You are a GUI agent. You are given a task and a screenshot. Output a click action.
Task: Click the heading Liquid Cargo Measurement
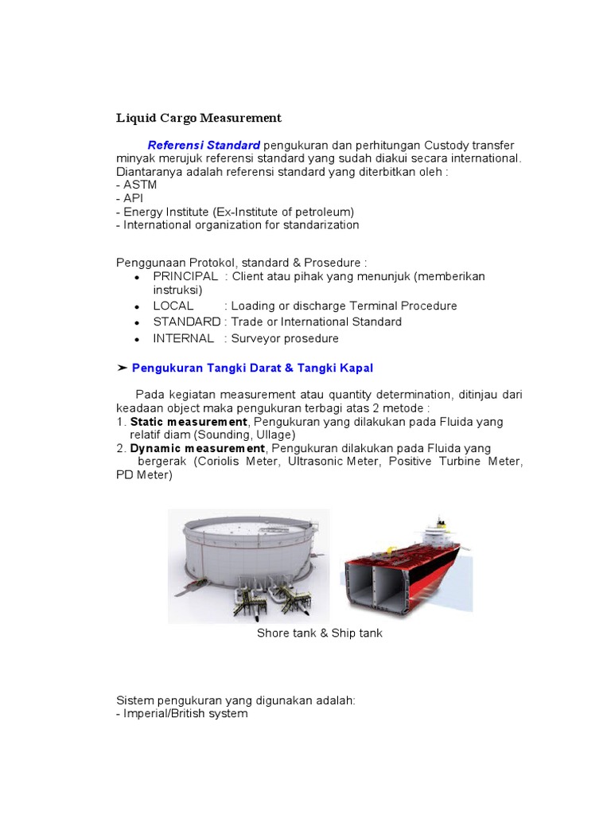coord(199,118)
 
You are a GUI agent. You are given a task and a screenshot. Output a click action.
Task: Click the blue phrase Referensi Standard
coord(204,145)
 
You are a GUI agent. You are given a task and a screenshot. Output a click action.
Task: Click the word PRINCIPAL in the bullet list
coord(185,276)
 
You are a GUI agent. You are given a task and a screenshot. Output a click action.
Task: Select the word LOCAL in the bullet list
coord(173,306)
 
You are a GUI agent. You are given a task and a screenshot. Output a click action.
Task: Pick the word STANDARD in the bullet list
coord(187,322)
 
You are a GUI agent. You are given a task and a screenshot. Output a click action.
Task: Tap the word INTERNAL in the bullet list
coord(184,338)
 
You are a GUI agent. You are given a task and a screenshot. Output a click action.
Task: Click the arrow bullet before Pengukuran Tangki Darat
coord(122,368)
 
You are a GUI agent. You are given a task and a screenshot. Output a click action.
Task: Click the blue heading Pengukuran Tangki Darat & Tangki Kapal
coord(252,368)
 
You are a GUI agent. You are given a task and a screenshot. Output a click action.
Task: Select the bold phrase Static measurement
coord(189,421)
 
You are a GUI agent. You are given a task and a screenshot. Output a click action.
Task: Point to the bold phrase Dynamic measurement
coord(197,448)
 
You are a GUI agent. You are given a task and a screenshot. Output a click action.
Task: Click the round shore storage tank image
coord(247,561)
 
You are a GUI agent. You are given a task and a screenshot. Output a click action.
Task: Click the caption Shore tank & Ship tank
coord(319,633)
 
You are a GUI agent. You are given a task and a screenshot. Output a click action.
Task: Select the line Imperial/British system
coord(182,713)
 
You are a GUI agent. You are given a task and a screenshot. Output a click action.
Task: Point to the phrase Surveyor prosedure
coord(285,338)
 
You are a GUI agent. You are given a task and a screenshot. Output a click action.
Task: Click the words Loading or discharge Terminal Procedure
coord(344,306)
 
